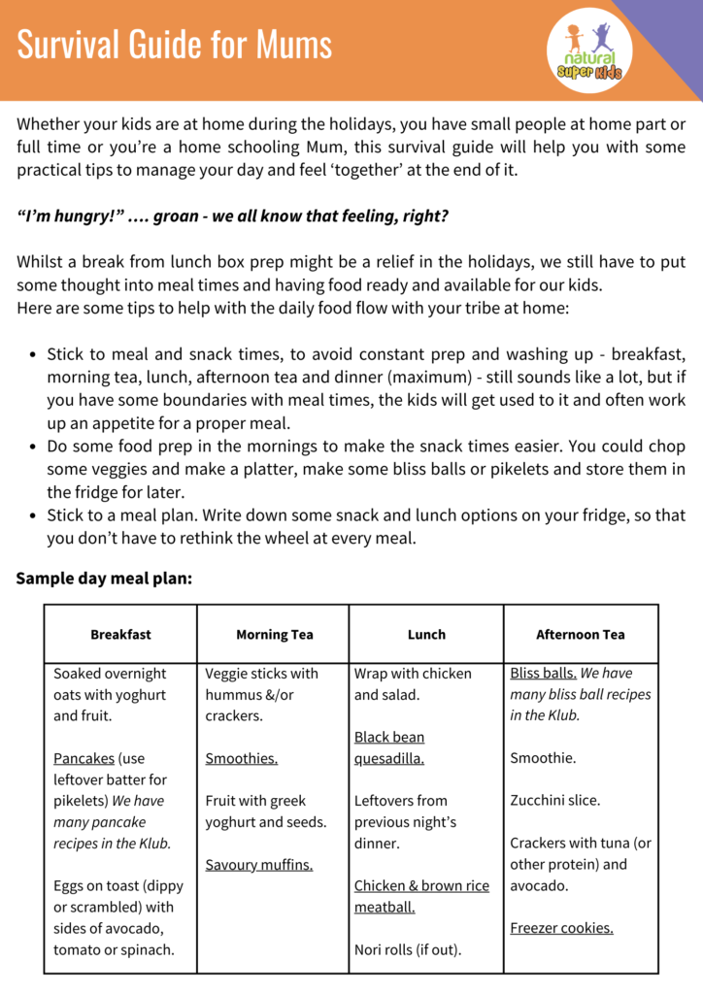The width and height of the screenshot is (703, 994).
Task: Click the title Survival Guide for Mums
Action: [x=175, y=45]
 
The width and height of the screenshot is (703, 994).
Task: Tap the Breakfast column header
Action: [x=120, y=635]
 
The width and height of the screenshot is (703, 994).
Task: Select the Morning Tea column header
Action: [x=274, y=635]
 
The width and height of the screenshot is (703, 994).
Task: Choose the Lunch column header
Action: [x=426, y=635]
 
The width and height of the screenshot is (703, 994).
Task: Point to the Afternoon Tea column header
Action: [x=580, y=635]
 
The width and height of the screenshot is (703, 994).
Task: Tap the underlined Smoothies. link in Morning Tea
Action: [x=241, y=758]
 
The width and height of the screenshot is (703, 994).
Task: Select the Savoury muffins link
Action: [x=258, y=865]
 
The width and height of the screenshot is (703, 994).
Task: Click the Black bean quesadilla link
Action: [x=389, y=748]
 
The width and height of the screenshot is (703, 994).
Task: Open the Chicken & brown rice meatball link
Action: [x=421, y=896]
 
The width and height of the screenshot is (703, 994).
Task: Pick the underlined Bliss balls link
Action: [x=543, y=674]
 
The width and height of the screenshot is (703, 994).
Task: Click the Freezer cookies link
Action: [x=561, y=928]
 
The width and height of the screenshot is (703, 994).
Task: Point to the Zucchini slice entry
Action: [x=554, y=801]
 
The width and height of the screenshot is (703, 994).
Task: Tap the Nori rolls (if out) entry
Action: [x=408, y=949]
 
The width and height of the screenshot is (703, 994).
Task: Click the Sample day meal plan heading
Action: [x=104, y=579]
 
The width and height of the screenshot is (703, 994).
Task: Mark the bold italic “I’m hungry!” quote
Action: [x=232, y=215]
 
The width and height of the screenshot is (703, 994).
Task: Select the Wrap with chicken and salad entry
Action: [x=413, y=684]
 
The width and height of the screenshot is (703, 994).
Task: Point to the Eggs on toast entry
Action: [x=118, y=917]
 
